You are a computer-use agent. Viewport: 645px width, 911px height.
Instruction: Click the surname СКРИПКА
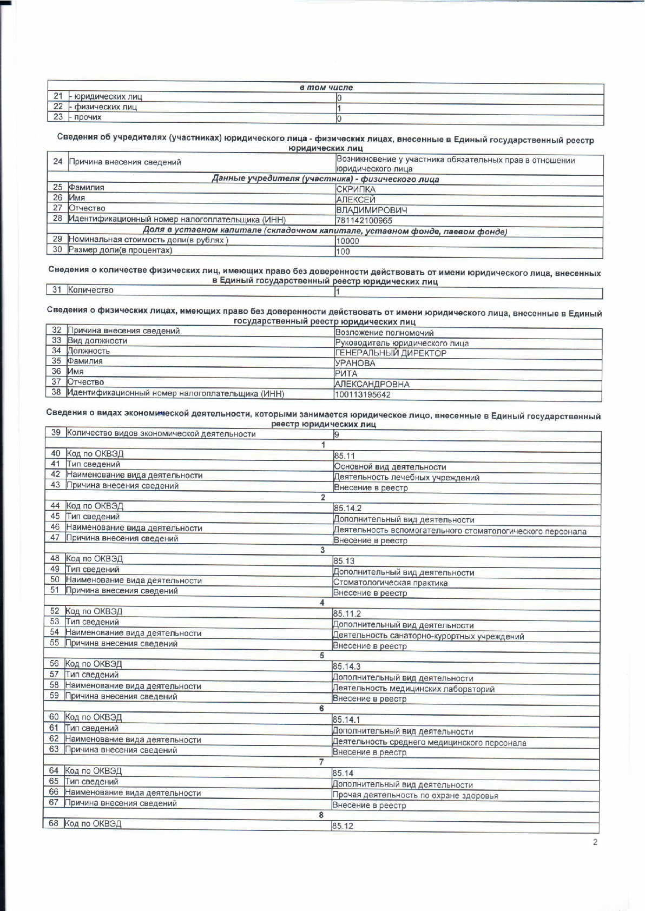[356, 189]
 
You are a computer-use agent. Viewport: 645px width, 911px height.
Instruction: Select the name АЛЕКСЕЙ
[356, 200]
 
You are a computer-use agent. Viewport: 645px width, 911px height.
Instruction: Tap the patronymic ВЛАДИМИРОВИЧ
[371, 210]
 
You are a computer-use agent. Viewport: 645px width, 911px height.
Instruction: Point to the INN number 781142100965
[364, 221]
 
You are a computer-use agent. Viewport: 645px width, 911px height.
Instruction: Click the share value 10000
[347, 241]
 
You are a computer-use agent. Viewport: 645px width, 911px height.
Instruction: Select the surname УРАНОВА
[355, 364]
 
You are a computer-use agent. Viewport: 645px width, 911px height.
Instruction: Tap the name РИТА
[346, 374]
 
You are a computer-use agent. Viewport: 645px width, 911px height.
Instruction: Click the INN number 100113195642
[362, 395]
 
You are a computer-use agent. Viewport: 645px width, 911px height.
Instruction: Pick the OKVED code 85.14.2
[347, 509]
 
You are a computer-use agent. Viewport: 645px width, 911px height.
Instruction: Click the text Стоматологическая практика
[390, 583]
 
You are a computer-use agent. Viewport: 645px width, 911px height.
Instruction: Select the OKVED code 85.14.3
[346, 666]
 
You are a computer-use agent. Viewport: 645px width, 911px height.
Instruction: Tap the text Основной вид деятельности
[390, 467]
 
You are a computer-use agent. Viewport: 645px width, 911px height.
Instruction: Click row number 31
[57, 290]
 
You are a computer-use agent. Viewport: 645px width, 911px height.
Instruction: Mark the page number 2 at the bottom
[595, 842]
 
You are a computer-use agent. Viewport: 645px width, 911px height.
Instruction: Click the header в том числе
[326, 88]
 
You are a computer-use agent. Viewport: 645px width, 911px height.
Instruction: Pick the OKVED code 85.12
[343, 827]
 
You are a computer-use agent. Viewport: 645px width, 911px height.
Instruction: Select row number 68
[54, 823]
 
